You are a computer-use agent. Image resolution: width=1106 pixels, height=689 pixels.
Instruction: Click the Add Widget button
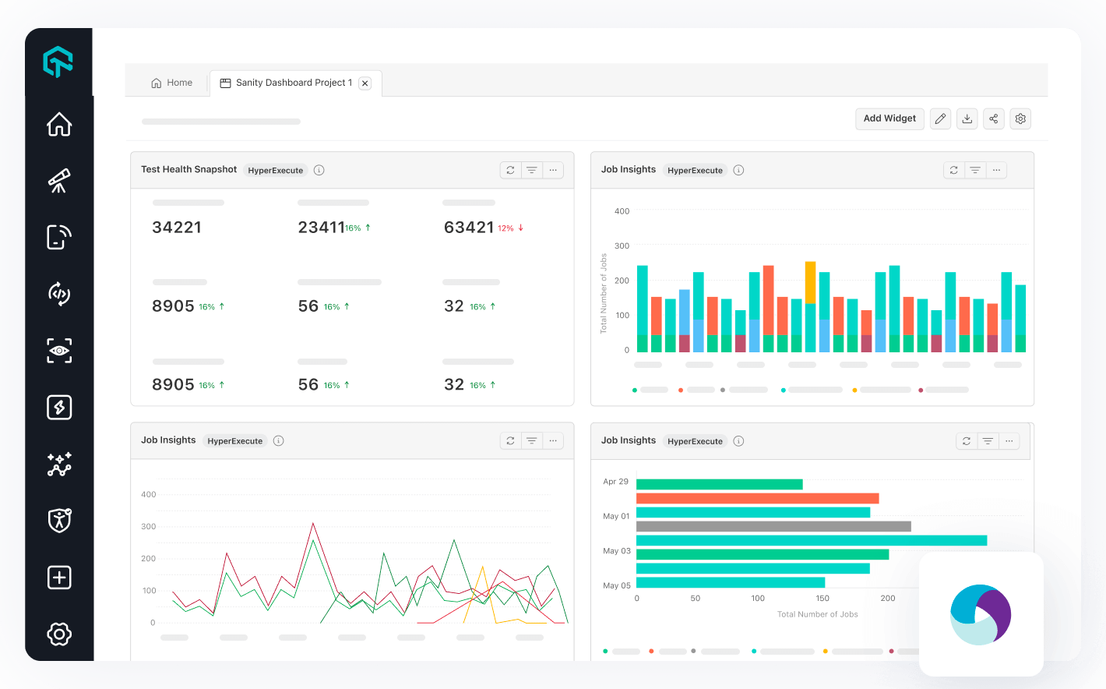click(x=889, y=118)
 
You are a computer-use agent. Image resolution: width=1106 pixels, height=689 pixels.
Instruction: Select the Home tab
click(x=171, y=83)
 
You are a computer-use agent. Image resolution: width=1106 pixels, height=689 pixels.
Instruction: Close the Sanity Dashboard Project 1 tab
click(x=365, y=83)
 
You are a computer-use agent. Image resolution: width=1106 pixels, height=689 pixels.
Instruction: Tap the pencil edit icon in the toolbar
click(x=940, y=119)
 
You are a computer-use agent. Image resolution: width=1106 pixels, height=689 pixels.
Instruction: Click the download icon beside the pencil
click(x=967, y=119)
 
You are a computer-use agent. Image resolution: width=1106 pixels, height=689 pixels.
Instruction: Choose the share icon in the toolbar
click(x=993, y=119)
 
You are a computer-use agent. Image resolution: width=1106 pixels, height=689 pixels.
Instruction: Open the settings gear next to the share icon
click(x=1020, y=119)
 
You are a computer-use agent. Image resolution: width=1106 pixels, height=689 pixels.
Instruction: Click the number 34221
click(x=177, y=228)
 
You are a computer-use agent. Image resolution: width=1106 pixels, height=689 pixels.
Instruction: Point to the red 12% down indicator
click(x=510, y=228)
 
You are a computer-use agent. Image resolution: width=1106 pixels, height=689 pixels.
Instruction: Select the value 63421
click(x=469, y=228)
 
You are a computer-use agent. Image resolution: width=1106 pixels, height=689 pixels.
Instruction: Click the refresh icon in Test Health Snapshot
click(x=510, y=170)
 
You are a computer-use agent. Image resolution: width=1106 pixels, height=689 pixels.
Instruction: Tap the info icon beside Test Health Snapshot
click(x=319, y=170)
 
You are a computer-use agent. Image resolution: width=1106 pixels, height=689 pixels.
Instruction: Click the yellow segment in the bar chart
click(x=810, y=282)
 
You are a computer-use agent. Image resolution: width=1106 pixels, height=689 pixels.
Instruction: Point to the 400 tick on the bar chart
click(x=622, y=211)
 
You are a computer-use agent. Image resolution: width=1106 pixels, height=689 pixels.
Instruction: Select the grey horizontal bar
click(x=773, y=527)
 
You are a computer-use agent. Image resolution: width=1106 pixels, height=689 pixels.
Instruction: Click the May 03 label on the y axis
click(x=616, y=551)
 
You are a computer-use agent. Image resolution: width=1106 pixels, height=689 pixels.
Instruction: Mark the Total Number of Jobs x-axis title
click(x=817, y=614)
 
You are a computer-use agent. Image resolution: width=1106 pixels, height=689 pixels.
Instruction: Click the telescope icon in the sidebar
click(x=59, y=181)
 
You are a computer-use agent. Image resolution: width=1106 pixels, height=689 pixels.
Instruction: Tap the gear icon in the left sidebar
click(x=59, y=634)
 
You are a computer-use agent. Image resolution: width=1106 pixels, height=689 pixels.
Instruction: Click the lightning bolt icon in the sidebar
click(x=59, y=407)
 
